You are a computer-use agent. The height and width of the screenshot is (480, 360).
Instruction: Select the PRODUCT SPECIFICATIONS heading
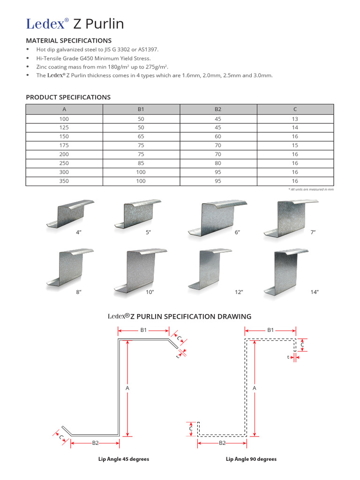[x=68, y=97]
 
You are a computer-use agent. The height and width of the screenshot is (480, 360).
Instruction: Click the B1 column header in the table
[x=141, y=109]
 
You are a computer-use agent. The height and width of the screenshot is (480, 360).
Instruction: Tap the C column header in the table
[x=295, y=109]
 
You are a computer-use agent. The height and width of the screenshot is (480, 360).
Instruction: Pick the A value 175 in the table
[x=64, y=145]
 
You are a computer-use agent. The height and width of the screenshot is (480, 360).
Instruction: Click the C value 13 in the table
[x=295, y=119]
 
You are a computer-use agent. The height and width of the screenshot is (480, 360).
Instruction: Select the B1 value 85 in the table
[x=141, y=163]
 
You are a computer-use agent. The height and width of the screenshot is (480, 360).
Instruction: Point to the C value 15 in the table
[x=295, y=145]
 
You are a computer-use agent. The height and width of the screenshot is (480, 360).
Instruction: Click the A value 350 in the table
[x=64, y=180]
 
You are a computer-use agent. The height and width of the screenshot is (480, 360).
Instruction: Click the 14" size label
[x=314, y=292]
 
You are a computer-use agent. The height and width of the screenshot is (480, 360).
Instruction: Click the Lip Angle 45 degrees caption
[x=124, y=459]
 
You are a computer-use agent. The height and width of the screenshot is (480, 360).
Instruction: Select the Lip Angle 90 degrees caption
[x=251, y=459]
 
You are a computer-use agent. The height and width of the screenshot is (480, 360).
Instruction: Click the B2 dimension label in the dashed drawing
[x=223, y=442]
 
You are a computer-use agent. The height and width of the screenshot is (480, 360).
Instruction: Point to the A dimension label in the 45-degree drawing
[x=127, y=388]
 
